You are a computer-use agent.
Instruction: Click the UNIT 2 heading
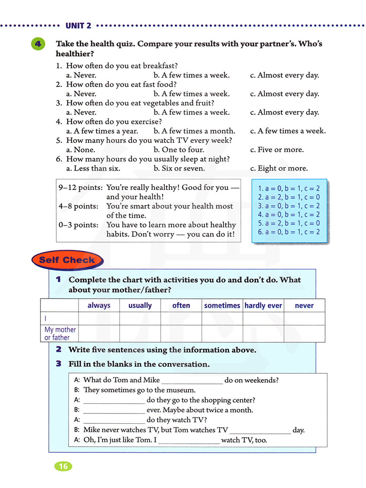(x=78, y=26)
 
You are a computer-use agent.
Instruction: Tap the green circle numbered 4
(x=38, y=44)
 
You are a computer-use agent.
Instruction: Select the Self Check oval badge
(x=67, y=260)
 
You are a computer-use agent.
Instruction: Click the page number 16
(x=63, y=466)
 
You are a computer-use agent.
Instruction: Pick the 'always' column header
(x=99, y=305)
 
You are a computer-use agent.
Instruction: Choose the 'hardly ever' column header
(x=263, y=305)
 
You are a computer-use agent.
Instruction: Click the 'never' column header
(x=304, y=305)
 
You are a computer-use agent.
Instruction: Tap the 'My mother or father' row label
(x=60, y=333)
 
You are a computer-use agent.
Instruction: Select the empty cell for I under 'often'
(x=181, y=319)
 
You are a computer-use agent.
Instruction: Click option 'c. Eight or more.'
(x=279, y=168)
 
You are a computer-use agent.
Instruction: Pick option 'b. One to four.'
(x=179, y=150)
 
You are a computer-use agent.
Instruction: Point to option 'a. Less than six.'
(x=93, y=168)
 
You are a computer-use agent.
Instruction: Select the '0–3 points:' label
(x=78, y=225)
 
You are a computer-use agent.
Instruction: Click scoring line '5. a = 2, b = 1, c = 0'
(x=289, y=223)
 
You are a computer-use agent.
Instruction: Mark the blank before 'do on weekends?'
(x=192, y=381)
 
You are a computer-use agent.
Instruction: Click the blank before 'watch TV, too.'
(x=189, y=441)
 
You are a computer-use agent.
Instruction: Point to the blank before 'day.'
(x=260, y=431)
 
